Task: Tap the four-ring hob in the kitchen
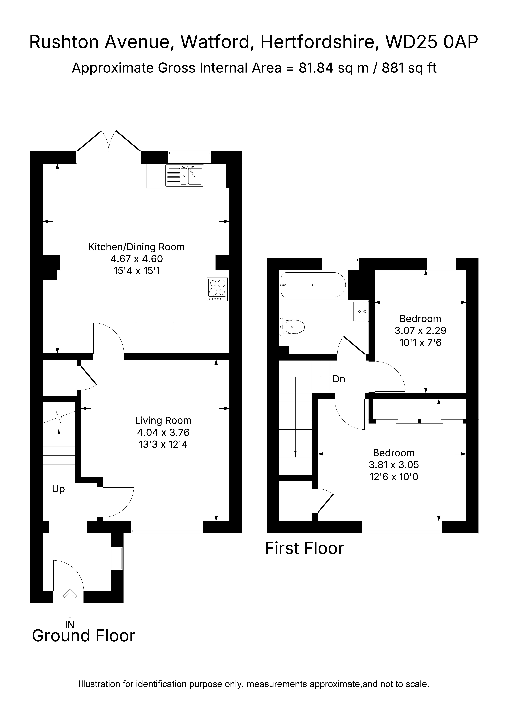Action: pyautogui.click(x=217, y=289)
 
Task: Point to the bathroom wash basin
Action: pyautogui.click(x=361, y=311)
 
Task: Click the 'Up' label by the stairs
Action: pyautogui.click(x=58, y=489)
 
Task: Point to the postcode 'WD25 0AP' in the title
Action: pyautogui.click(x=432, y=42)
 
